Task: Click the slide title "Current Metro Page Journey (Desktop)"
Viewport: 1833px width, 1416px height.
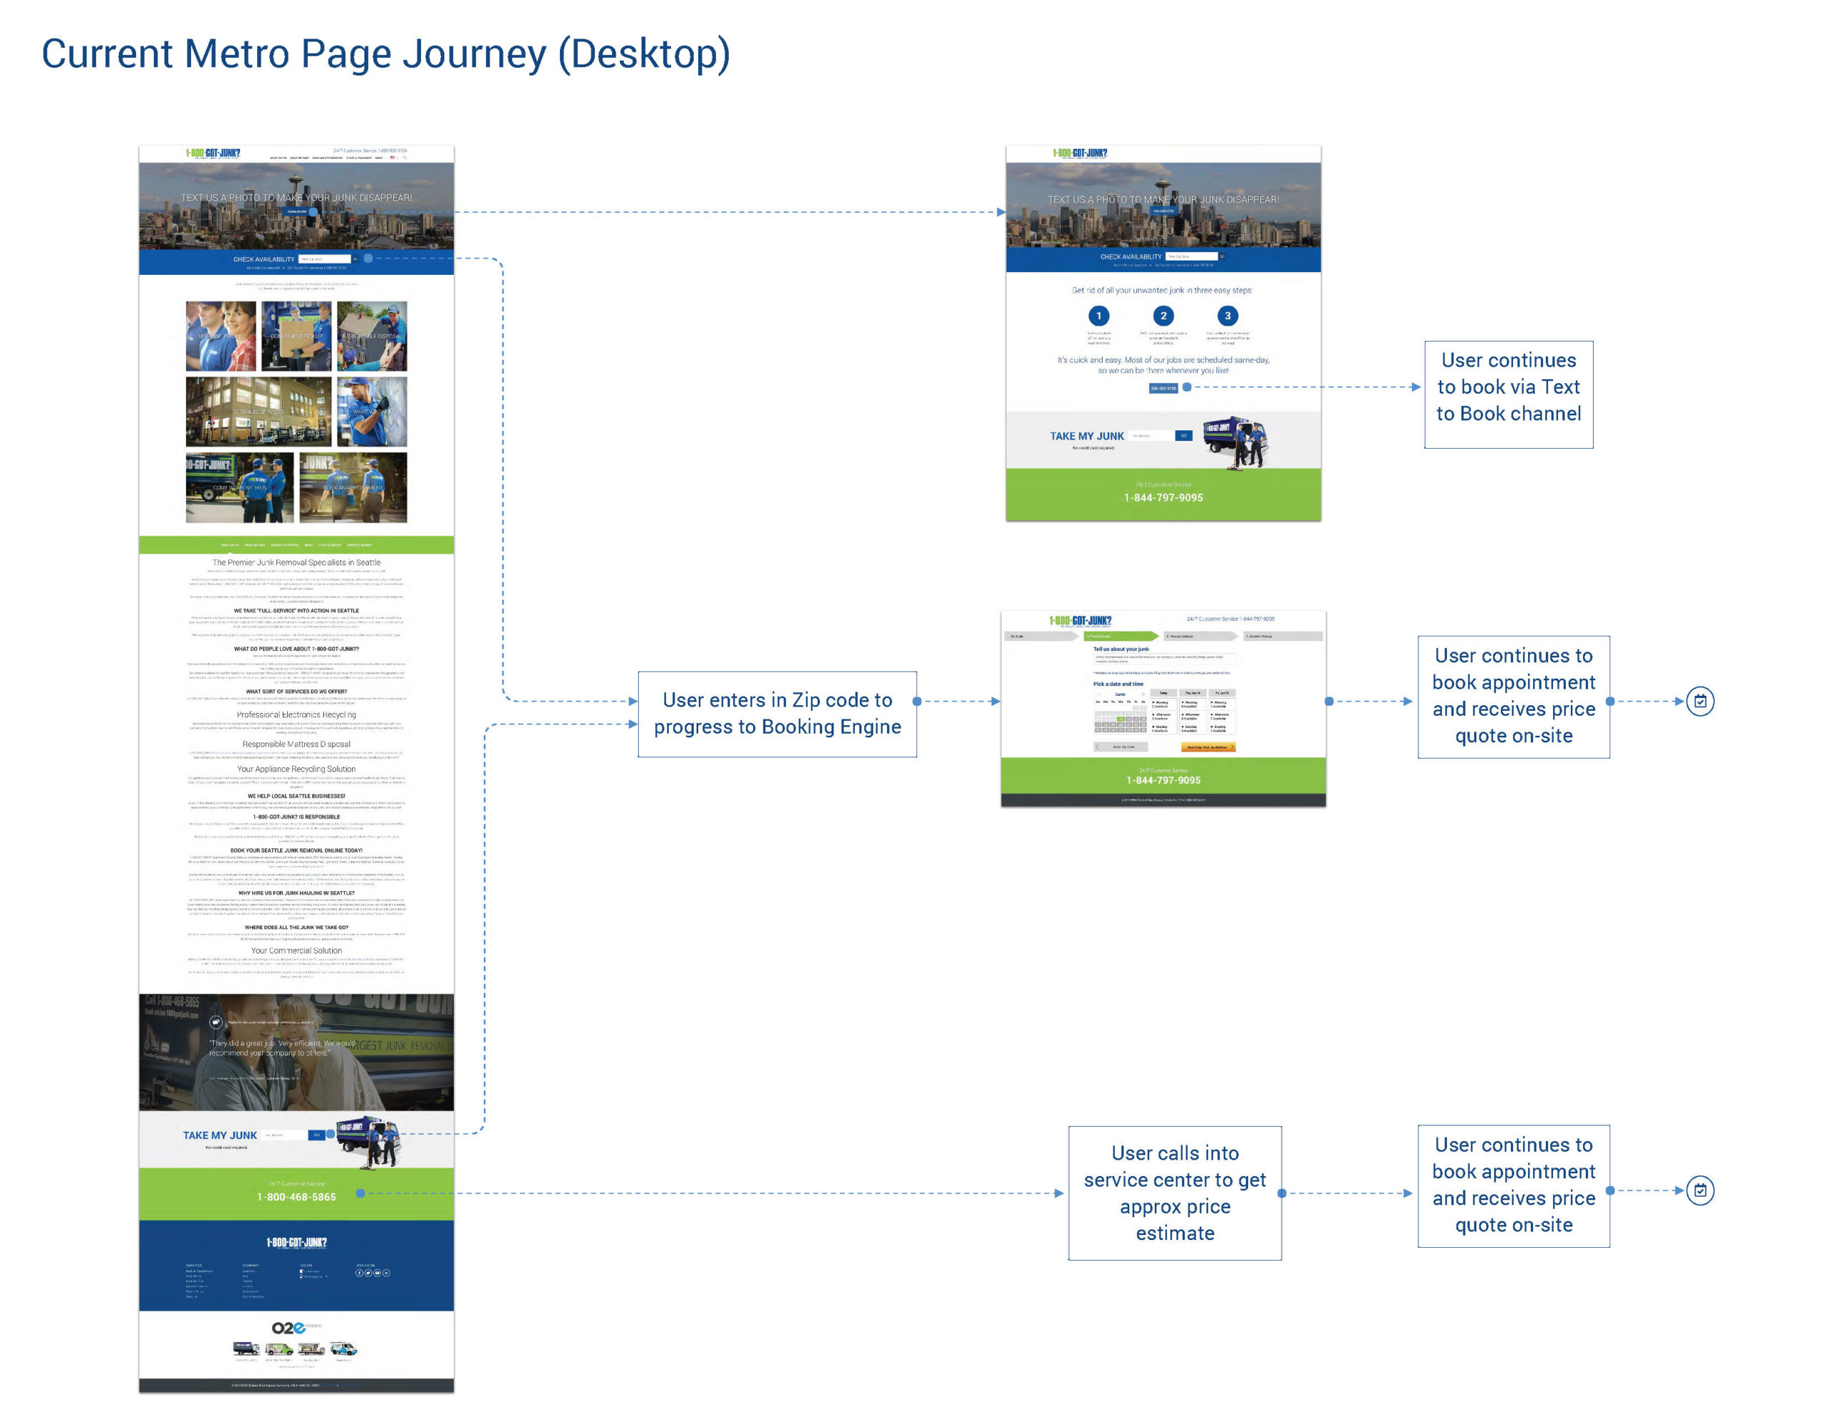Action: click(385, 54)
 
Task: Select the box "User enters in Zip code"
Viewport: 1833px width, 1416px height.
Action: click(776, 714)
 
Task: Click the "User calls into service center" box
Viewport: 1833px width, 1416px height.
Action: click(1174, 1192)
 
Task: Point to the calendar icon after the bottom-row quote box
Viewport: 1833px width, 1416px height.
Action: click(1700, 1190)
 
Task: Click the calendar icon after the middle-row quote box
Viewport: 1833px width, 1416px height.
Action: click(1700, 701)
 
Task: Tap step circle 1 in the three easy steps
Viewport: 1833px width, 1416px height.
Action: click(1098, 316)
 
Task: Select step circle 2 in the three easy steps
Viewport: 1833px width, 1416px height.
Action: click(1164, 316)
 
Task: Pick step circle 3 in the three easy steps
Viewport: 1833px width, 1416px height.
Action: click(1227, 316)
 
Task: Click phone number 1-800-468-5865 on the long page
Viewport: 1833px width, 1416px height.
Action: click(296, 1197)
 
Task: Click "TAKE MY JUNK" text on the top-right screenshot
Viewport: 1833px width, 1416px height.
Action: click(1086, 437)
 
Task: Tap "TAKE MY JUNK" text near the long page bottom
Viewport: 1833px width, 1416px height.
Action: click(220, 1135)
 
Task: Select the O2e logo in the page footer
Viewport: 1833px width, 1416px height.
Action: click(289, 1327)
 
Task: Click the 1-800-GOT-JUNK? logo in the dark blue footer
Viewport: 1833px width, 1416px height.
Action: click(296, 1242)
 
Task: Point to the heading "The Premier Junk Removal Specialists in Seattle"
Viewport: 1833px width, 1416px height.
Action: click(296, 563)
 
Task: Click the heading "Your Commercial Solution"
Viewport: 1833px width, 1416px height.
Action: click(296, 951)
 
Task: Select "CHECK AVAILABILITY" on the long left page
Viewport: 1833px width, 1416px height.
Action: click(263, 259)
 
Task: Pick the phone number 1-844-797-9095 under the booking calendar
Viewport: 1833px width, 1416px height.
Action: click(1164, 780)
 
